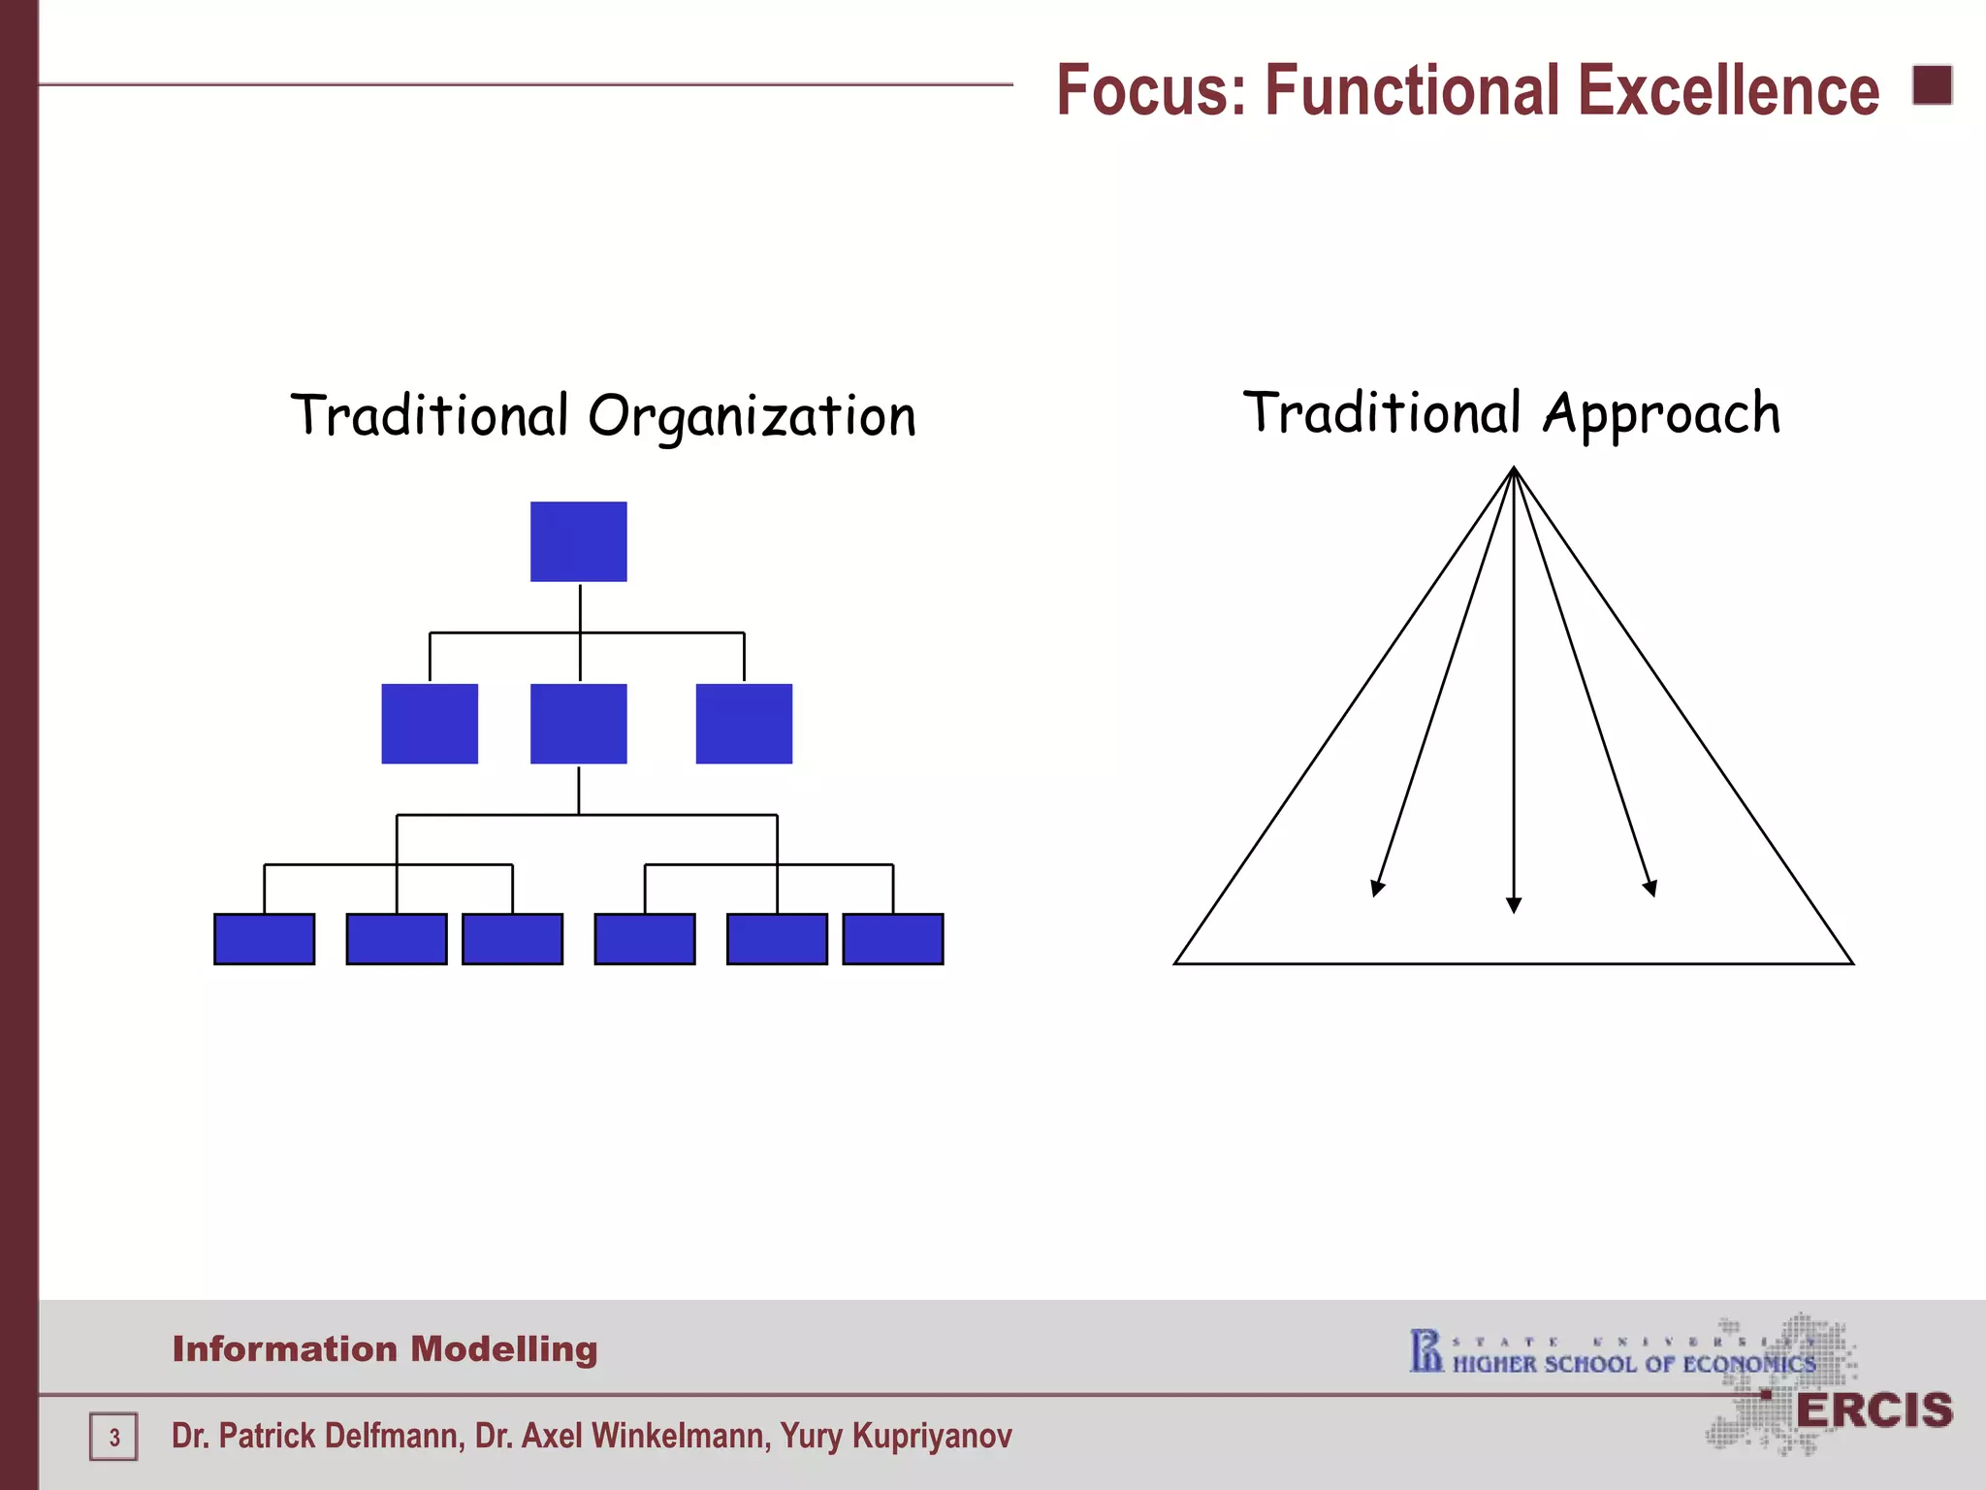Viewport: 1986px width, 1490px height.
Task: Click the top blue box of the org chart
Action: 578,541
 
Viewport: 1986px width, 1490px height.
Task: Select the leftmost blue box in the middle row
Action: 430,724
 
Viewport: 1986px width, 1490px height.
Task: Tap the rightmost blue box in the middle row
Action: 744,724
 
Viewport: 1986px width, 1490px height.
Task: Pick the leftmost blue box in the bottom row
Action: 264,939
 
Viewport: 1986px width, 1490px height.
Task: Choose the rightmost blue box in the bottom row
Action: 892,939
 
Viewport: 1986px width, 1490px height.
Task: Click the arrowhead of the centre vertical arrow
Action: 1514,904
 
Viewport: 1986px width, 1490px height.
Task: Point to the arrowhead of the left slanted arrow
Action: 1376,888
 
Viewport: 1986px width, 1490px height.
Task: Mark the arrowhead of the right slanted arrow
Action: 1650,888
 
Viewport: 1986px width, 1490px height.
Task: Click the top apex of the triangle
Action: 1514,470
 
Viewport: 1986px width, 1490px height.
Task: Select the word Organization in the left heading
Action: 752,417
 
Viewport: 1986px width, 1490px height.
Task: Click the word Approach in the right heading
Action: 1661,414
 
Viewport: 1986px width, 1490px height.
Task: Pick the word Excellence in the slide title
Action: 1728,90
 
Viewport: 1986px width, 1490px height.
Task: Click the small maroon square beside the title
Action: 1932,85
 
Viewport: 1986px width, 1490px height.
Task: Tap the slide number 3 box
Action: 113,1437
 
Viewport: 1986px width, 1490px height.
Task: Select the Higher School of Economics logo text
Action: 1633,1364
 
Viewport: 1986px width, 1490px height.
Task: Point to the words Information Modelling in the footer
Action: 385,1349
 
